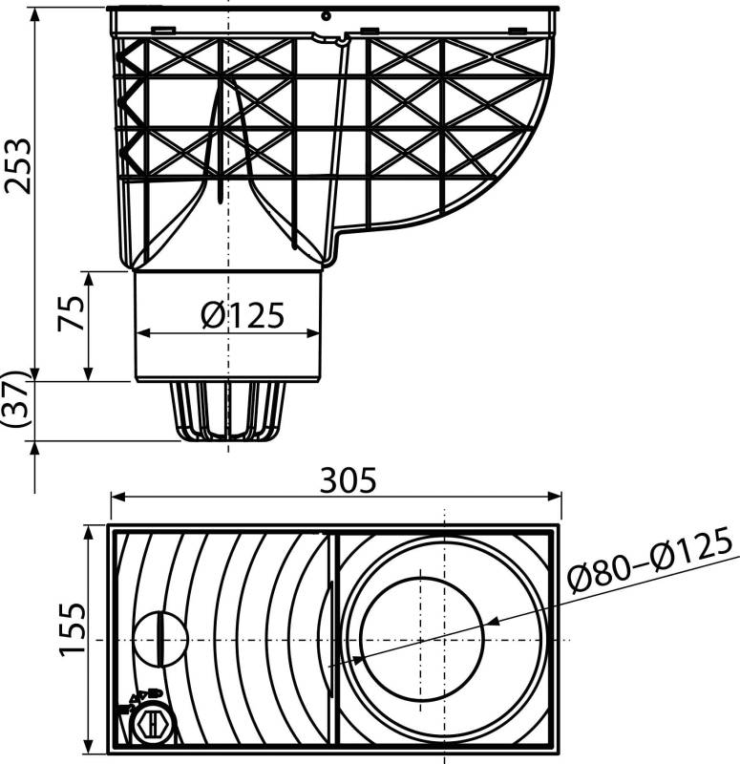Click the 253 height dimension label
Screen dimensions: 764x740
point(17,165)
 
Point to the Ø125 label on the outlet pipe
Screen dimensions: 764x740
point(243,314)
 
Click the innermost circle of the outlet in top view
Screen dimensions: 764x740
point(420,638)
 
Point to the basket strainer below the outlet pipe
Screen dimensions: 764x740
point(228,411)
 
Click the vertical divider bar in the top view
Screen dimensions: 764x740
point(333,638)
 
